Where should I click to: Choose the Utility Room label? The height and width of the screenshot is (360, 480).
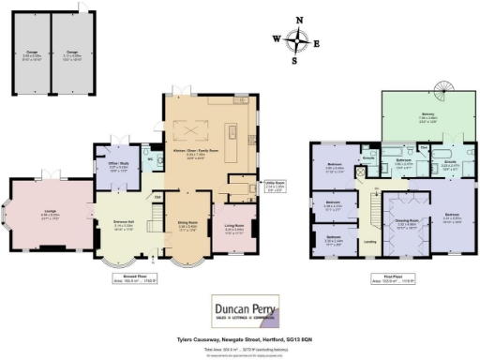pyautogui.click(x=247, y=186)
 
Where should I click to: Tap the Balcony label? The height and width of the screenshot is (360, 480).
pyautogui.click(x=402, y=118)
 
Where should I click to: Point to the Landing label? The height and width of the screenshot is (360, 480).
pyautogui.click(x=369, y=243)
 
